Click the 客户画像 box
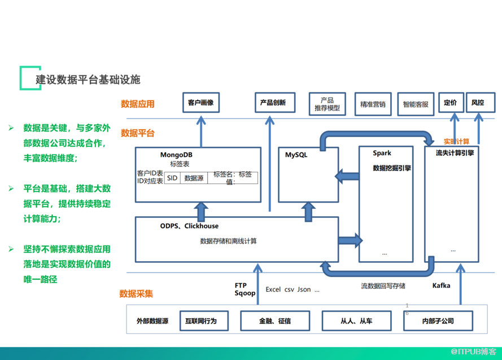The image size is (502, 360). pos(200,103)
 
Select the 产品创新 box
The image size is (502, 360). pos(273,103)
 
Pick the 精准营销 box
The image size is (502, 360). pos(373,104)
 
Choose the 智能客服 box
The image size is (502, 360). pos(416,104)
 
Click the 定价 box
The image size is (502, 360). pos(450,103)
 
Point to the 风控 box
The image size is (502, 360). pos(478,103)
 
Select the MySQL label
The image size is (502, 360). pos(296,155)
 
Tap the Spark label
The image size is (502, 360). pos(382,153)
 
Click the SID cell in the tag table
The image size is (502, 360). pos(172,178)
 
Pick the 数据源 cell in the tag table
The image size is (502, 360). pos(194,178)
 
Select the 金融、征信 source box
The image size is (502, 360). pos(275,321)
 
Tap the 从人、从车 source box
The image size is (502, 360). pos(356,321)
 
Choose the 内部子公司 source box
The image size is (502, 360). pos(438,321)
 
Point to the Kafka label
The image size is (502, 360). pos(441,286)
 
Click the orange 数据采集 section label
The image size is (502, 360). pos(136,293)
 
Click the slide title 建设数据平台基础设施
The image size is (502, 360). pos(88,79)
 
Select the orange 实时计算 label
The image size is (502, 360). pos(456,141)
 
